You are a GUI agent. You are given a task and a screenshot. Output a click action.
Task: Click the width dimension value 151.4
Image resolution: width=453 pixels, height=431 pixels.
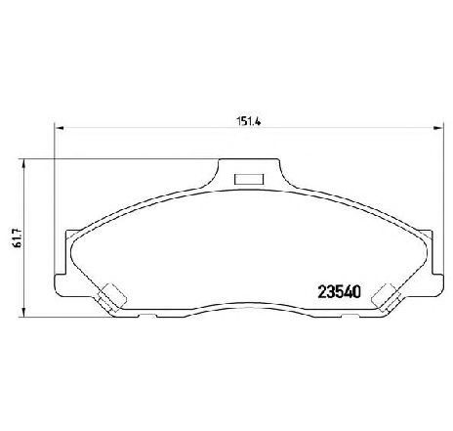point(249,121)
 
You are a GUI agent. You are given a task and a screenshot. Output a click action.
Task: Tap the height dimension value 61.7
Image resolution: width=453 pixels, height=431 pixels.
point(18,237)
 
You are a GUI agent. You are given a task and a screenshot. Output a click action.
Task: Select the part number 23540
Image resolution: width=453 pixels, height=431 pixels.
point(340,291)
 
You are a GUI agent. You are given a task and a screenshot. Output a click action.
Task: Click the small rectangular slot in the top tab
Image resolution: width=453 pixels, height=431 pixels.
point(249,179)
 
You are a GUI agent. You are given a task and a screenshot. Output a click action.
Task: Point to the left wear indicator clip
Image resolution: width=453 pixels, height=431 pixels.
point(111,297)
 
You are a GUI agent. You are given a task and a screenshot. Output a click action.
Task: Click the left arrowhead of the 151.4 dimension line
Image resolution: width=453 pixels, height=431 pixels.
point(60,128)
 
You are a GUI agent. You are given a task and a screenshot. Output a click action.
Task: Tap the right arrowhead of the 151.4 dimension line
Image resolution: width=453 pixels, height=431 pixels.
point(437,128)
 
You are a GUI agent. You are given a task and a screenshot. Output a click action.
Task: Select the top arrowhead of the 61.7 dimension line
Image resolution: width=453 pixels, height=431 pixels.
point(22,164)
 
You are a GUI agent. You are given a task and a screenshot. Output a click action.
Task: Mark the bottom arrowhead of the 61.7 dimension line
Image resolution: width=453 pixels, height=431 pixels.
point(22,312)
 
